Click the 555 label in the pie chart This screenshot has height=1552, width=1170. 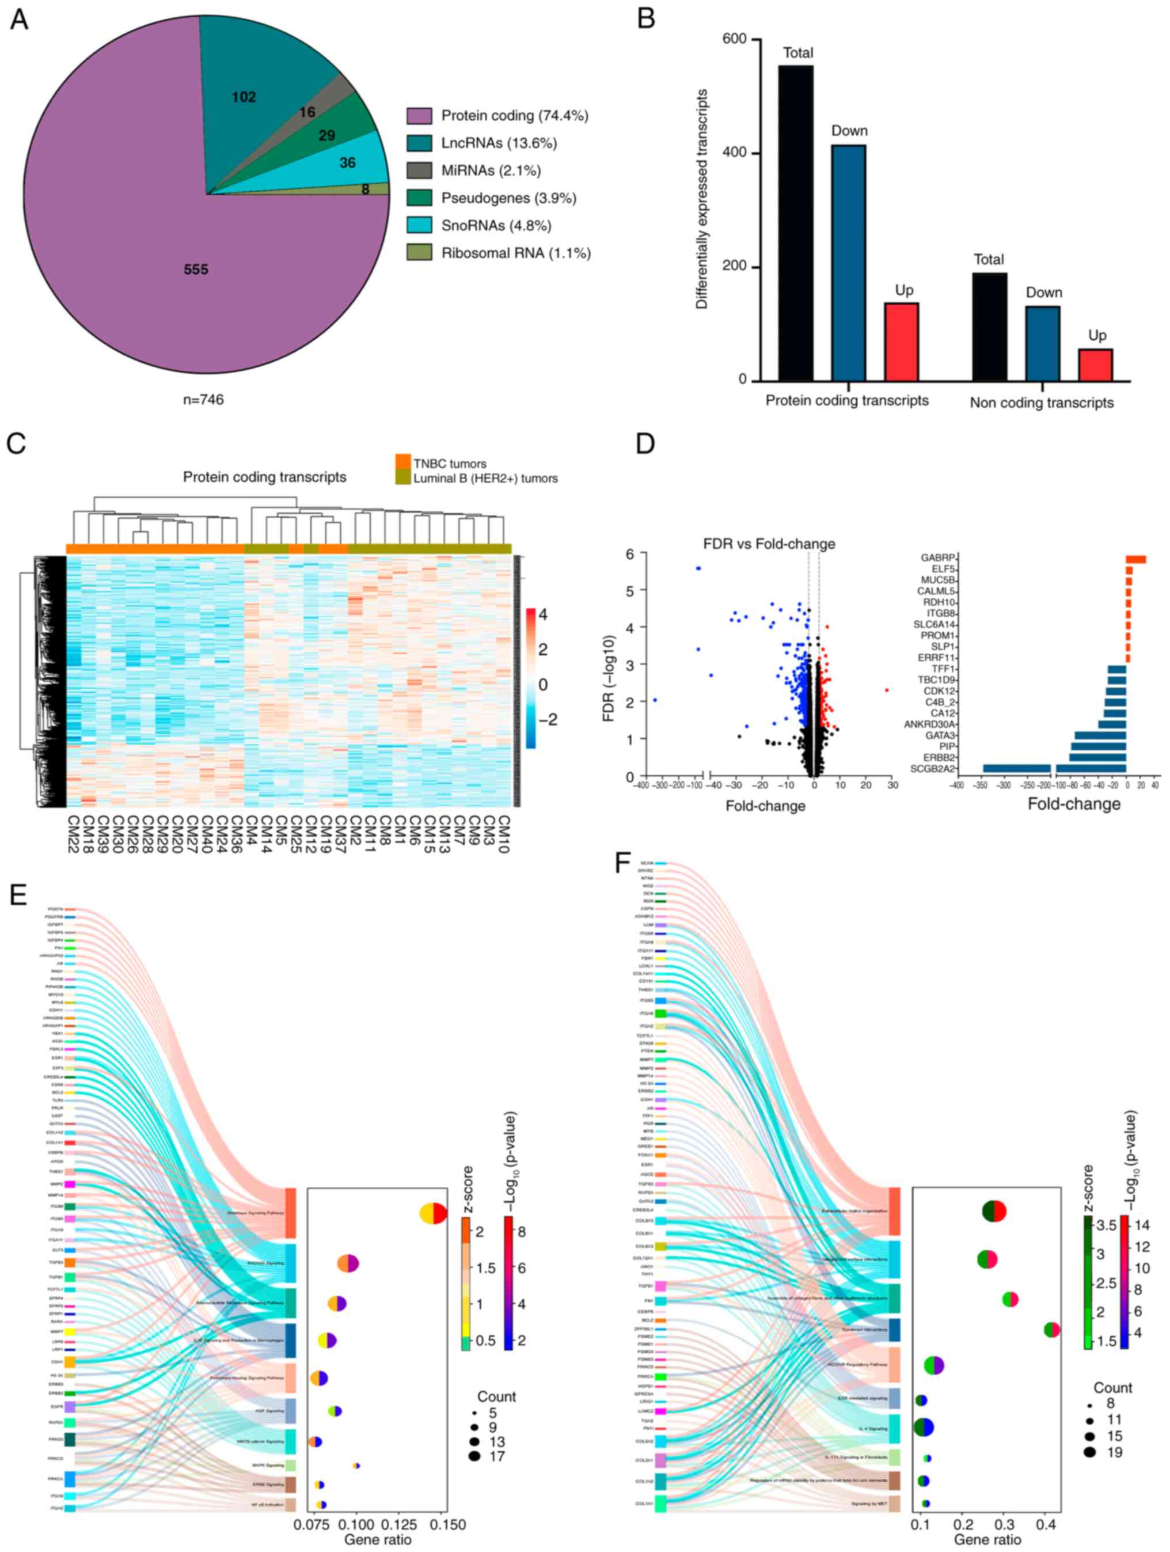[x=196, y=270]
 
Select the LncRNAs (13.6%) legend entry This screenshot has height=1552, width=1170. [x=499, y=143]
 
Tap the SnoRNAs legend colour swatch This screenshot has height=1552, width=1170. [x=419, y=225]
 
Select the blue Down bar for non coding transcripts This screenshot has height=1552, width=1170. [x=1042, y=343]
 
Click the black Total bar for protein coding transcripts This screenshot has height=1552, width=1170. [x=796, y=223]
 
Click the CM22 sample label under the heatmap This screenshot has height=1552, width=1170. [x=73, y=833]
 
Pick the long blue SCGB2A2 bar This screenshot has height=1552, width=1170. [x=1016, y=768]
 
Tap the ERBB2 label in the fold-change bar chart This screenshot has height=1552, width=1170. [x=939, y=758]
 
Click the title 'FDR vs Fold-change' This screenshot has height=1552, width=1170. [x=769, y=544]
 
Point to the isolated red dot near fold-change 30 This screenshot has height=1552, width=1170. [x=887, y=690]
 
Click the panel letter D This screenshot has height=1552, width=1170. [x=645, y=443]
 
